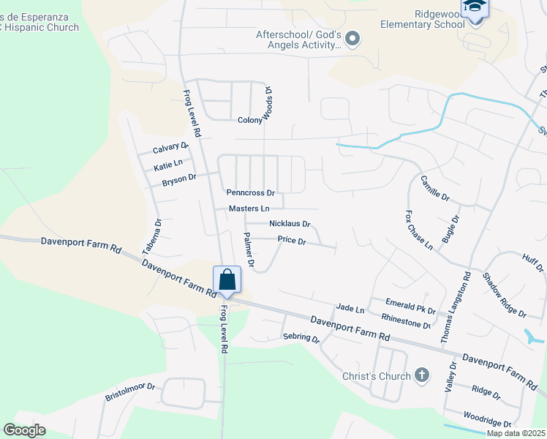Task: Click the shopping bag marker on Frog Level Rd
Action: point(227,279)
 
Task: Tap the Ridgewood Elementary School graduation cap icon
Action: point(475,7)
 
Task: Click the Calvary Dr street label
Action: point(170,149)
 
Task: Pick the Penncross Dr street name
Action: point(250,194)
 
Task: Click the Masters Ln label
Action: point(249,209)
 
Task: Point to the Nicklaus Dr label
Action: point(290,224)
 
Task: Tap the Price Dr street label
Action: point(291,240)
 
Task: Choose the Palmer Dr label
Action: point(249,249)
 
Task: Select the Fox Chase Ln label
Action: point(418,230)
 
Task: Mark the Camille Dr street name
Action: point(434,188)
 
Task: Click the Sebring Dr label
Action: point(301,338)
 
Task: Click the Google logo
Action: point(24,430)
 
